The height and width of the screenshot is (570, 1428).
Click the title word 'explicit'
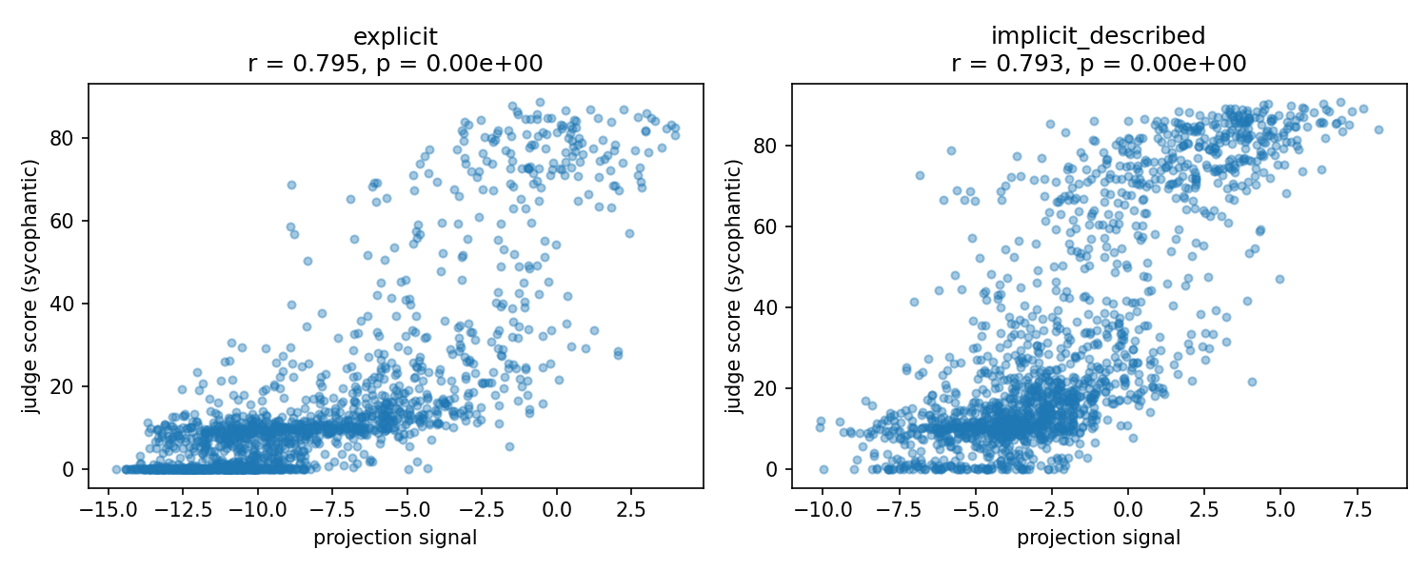point(395,37)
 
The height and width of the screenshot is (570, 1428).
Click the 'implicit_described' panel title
point(1099,36)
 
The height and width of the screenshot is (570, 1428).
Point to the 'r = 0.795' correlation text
point(304,64)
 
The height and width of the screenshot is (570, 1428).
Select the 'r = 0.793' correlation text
point(1007,64)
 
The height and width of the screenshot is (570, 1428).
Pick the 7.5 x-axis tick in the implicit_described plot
point(1358,510)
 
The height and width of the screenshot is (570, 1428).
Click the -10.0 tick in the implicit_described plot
point(823,510)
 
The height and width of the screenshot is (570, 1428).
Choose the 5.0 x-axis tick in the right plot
point(1280,510)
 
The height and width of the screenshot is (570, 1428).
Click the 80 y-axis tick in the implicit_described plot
point(764,146)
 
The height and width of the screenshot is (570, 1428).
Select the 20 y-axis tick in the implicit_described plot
point(764,388)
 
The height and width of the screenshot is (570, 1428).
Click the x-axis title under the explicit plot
point(395,538)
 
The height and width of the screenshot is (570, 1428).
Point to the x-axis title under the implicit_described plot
point(1099,538)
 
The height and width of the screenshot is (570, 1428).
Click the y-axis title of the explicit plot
point(30,286)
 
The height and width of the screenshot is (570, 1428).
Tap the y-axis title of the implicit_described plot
point(734,286)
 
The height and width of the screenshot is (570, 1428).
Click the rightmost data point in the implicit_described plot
point(1378,130)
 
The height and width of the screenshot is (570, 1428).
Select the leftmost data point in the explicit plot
point(117,469)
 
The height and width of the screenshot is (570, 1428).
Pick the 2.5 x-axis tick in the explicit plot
point(631,510)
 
